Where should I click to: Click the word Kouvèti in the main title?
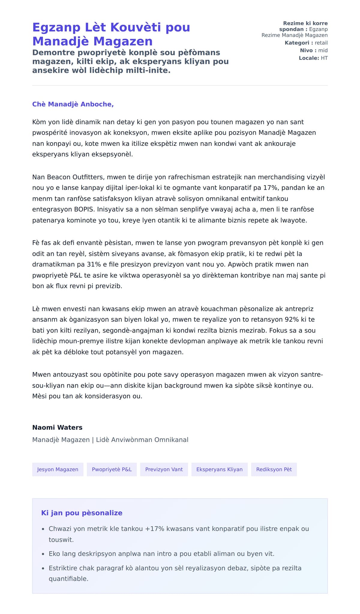[136, 27]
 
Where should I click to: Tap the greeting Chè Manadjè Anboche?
[73, 104]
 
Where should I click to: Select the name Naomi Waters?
[57, 427]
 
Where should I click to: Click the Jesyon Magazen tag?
[58, 469]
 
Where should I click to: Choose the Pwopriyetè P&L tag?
[112, 469]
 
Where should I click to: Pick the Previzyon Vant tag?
[164, 469]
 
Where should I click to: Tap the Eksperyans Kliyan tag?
[219, 469]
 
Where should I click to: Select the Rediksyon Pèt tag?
[274, 469]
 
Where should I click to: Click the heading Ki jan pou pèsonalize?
[82, 513]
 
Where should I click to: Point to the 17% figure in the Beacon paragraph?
[270, 188]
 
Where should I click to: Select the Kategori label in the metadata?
[297, 43]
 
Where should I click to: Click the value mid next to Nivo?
[323, 50]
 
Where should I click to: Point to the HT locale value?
[324, 58]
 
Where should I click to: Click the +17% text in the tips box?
[154, 529]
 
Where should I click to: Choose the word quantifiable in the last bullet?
[68, 579]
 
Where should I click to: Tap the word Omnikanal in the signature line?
[171, 440]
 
